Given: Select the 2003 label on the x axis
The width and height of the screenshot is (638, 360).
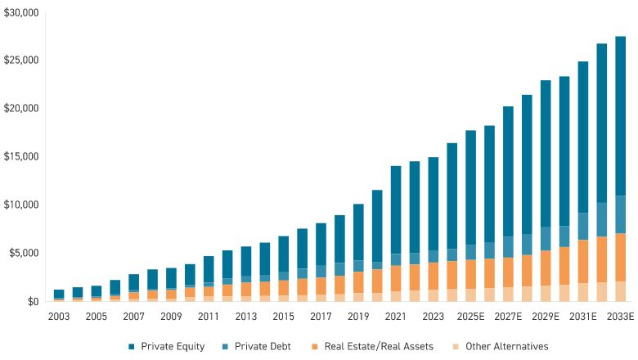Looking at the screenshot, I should click(x=59, y=316).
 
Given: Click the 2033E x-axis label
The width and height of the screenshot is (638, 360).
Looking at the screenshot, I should click(x=620, y=316).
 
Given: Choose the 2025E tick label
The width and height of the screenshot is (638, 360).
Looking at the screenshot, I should click(x=470, y=316).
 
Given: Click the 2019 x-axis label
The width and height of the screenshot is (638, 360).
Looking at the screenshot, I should click(x=358, y=316).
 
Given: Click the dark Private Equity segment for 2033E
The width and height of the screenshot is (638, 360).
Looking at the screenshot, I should click(x=620, y=115).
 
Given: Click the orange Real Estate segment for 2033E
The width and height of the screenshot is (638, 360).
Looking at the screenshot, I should click(x=620, y=257).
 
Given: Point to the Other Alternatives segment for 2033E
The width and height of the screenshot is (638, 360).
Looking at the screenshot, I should click(x=620, y=291).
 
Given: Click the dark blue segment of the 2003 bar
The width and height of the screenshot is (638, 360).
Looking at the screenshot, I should click(x=59, y=294).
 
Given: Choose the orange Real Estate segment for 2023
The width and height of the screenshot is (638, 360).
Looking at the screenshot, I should click(x=433, y=276).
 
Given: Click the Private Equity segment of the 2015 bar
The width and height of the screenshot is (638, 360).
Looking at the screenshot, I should click(x=283, y=254).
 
